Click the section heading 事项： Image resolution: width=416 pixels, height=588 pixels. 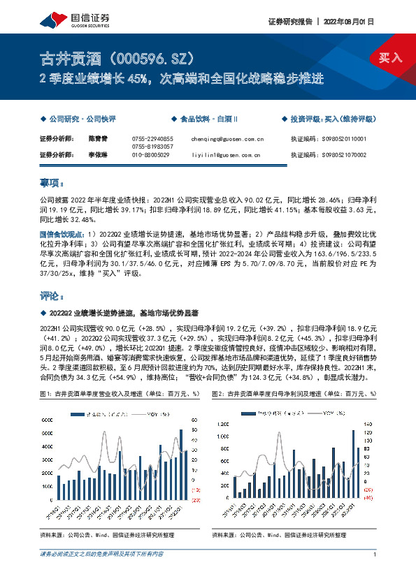(52, 183)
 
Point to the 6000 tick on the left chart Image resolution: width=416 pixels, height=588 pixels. (50, 420)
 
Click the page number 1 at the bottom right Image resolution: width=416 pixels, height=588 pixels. (375, 554)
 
